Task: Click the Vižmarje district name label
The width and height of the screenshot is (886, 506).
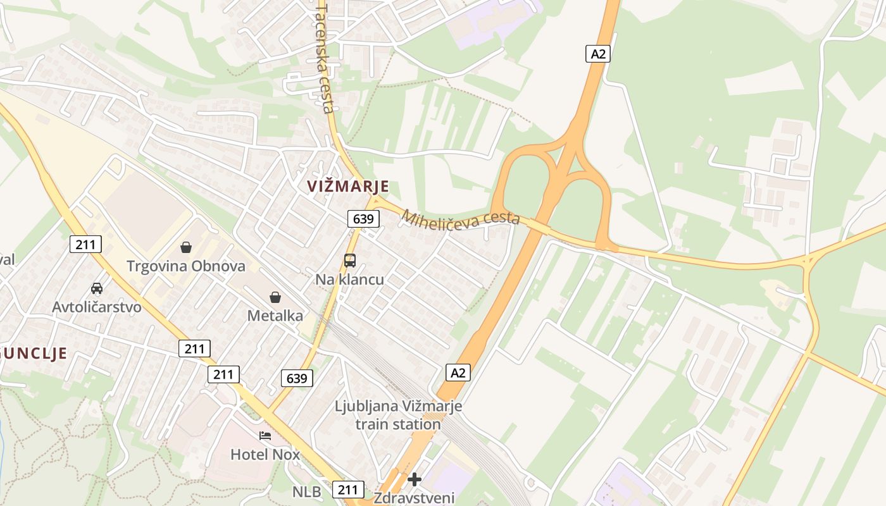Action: coord(348,187)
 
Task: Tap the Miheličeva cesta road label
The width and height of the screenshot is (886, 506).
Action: coord(460,218)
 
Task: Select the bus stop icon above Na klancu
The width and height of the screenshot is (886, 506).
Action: coord(350,260)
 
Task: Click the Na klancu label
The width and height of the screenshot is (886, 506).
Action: coord(350,279)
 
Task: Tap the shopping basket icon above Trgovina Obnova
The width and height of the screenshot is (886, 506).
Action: coord(186,247)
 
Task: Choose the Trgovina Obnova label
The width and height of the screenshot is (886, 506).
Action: coord(186,266)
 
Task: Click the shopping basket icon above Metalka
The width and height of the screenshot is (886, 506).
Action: coord(275,297)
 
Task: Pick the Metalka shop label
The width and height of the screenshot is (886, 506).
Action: coord(275,315)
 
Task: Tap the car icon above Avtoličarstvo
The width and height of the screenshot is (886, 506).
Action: coord(97,288)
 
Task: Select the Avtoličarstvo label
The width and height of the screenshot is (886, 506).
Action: coord(97,307)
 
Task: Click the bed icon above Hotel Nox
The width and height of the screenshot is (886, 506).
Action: coord(265,436)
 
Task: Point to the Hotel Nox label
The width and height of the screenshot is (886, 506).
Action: coord(265,454)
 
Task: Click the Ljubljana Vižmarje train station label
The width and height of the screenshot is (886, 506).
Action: coord(399,415)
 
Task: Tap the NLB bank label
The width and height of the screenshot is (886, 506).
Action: coord(306,491)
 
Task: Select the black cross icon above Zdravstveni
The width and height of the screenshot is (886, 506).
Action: coord(415,479)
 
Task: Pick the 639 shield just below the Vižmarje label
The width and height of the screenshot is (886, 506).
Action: coord(363,219)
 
